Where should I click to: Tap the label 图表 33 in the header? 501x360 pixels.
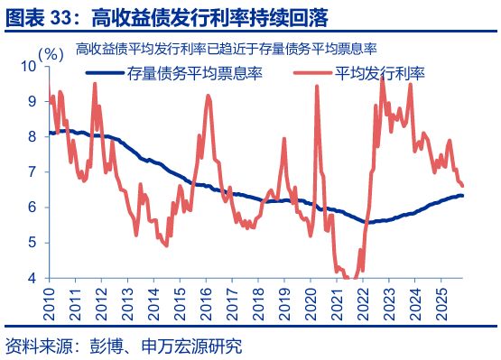click(40, 17)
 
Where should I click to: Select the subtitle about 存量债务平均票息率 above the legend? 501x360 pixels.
click(226, 49)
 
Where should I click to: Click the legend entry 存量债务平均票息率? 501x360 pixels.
click(194, 73)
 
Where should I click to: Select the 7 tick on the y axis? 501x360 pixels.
click(35, 171)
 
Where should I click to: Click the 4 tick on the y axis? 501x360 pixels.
click(35, 278)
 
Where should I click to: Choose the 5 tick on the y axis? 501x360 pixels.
click(35, 243)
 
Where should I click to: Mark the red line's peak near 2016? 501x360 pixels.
click(209, 96)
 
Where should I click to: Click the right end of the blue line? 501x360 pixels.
click(463, 195)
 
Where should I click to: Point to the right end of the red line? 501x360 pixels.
click(462, 186)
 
